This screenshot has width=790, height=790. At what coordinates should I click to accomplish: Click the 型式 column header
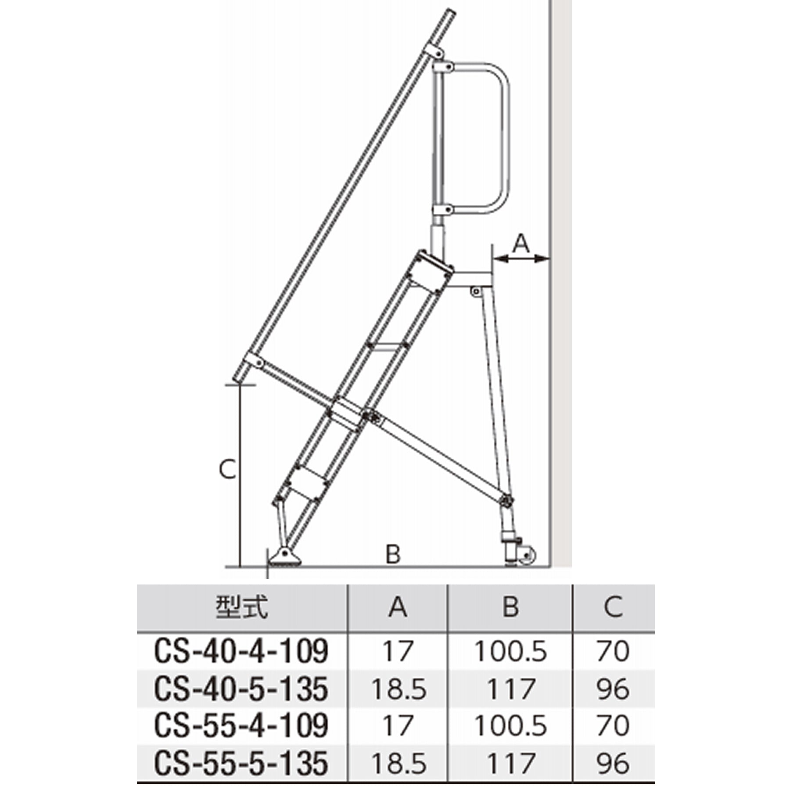click(x=241, y=607)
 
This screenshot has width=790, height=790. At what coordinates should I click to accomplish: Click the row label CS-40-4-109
click(x=241, y=651)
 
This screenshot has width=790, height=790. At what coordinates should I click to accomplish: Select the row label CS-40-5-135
click(x=241, y=689)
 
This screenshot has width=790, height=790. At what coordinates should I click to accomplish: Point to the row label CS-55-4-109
click(x=241, y=725)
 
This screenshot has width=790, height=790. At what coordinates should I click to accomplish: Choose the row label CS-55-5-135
click(x=241, y=763)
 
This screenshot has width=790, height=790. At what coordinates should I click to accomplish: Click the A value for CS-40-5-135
click(x=399, y=689)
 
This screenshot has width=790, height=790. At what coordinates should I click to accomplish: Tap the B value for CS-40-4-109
click(x=510, y=651)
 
